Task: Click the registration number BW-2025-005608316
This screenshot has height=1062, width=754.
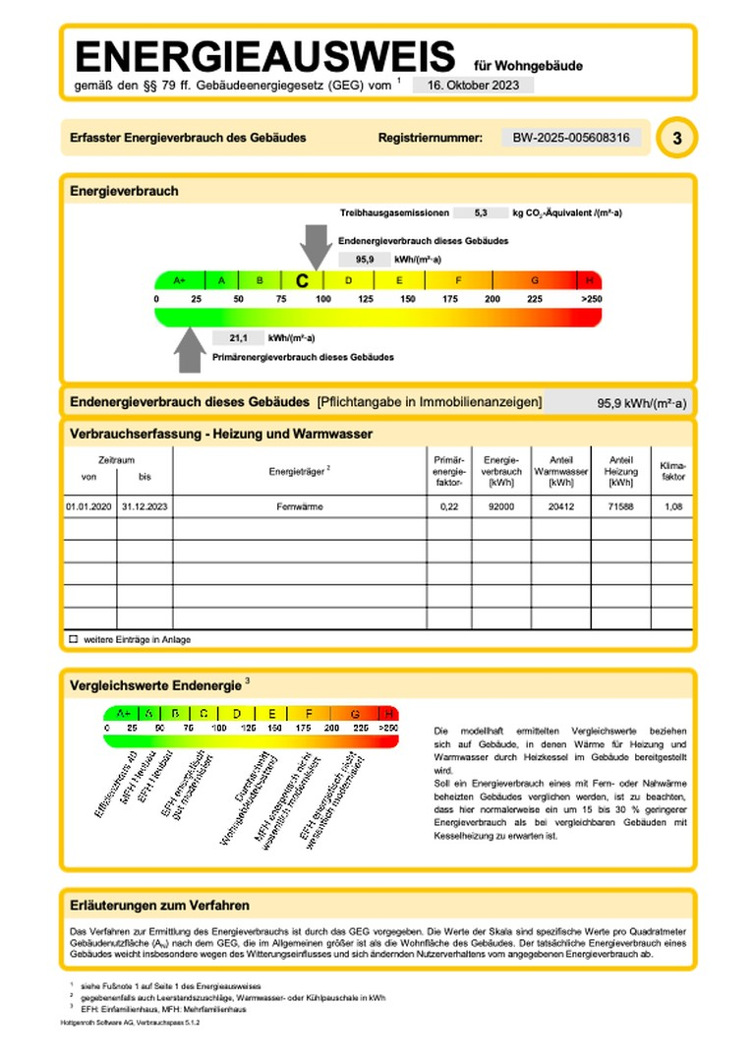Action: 571,138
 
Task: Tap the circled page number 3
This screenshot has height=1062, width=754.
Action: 676,139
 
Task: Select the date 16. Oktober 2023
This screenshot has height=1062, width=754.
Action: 473,85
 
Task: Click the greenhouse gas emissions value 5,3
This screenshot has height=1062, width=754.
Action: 481,212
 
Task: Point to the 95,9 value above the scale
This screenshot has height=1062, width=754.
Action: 364,260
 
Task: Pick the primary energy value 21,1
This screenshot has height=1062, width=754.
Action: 238,337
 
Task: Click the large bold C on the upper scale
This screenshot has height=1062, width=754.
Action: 302,280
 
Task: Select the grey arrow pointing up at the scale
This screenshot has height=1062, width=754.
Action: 188,349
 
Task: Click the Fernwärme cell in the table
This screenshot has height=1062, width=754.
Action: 300,506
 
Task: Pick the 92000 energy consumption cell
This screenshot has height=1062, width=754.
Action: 500,506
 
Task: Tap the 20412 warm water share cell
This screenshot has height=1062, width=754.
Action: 560,506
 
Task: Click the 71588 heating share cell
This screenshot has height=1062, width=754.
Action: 620,506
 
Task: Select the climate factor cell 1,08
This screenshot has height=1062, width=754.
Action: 673,506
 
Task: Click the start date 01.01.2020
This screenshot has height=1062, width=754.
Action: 88,506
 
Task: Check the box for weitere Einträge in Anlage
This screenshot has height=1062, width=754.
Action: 73,639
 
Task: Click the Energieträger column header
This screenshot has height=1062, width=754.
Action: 299,471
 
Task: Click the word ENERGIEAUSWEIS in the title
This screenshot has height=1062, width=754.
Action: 264,56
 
